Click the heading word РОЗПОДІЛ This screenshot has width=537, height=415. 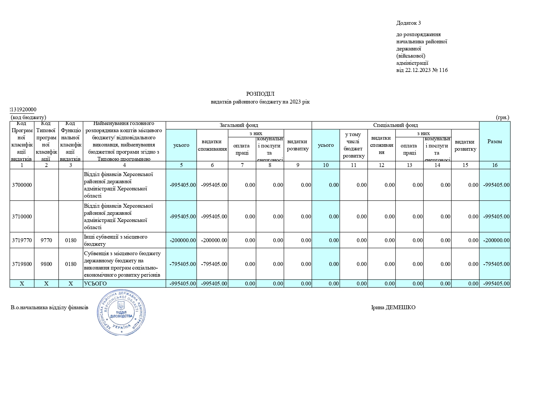260,94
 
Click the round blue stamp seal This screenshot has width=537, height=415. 121,312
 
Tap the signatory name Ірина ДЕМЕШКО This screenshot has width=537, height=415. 393,308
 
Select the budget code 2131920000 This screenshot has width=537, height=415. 22,110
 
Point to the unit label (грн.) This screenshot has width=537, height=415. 503,118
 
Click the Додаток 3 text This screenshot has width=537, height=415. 408,23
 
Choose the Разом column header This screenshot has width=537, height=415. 494,142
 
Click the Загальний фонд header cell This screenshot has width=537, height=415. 239,125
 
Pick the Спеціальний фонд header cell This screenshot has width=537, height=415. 395,125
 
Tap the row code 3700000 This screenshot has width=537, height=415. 22,185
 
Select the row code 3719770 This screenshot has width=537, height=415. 22,241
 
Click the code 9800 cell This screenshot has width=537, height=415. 46,264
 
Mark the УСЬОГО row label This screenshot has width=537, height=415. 95,284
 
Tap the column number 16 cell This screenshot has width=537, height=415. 494,165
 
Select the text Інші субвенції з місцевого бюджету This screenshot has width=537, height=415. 116,240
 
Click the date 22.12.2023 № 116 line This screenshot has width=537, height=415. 422,70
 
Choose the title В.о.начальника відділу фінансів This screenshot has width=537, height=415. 49,308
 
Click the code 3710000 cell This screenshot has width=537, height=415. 22,217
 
